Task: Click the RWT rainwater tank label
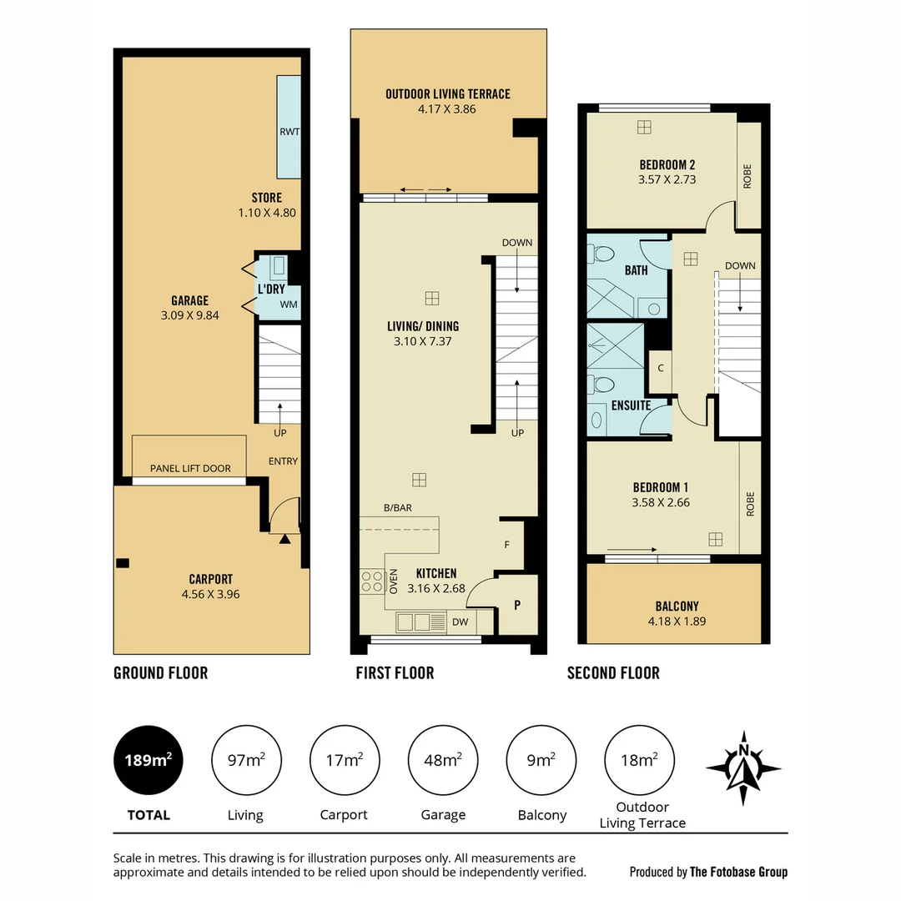(289, 131)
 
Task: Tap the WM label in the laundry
(289, 305)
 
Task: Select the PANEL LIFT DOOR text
(190, 469)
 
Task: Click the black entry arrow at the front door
(285, 539)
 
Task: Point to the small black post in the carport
(123, 562)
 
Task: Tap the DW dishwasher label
(460, 622)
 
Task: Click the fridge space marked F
(507, 545)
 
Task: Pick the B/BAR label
(398, 507)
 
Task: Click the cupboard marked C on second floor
(660, 368)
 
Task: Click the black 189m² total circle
(148, 760)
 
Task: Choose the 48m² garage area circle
(442, 760)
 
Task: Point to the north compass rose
(743, 765)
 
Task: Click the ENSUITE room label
(631, 405)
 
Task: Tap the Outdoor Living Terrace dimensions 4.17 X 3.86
(447, 108)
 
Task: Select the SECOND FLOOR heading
(613, 673)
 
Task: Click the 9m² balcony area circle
(541, 760)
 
